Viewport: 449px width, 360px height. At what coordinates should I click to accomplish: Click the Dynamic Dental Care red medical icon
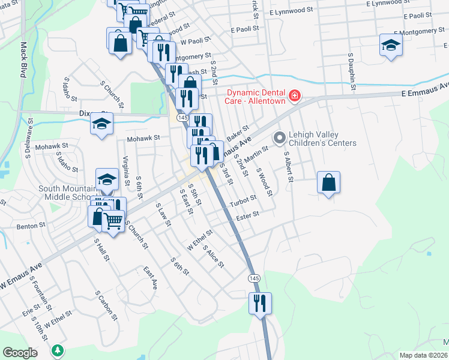pyautogui.click(x=295, y=95)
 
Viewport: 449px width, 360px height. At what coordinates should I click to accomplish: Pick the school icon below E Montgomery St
pyautogui.click(x=391, y=46)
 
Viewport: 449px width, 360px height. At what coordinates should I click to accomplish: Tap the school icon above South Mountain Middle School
pyautogui.click(x=107, y=179)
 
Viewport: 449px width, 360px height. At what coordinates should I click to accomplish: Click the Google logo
pyautogui.click(x=20, y=353)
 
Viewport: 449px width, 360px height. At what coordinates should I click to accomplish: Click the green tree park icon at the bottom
pyautogui.click(x=58, y=349)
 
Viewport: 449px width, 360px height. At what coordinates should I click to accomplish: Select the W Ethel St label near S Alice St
pyautogui.click(x=200, y=239)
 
